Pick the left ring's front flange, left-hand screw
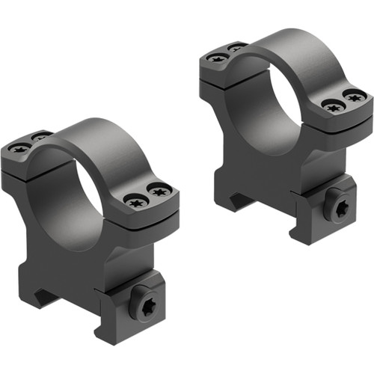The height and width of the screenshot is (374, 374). (137, 201)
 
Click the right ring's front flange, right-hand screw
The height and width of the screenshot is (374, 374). (354, 96)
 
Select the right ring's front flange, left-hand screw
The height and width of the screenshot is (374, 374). (332, 106)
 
